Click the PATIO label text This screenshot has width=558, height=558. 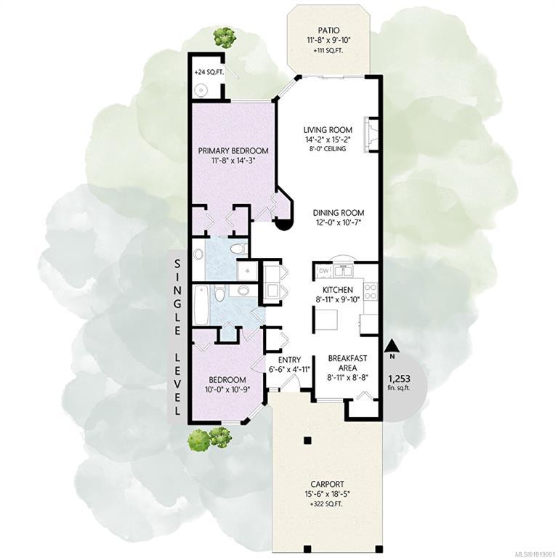329,31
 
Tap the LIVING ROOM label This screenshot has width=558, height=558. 328,130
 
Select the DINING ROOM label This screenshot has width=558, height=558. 339,213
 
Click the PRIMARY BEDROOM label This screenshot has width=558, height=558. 233,151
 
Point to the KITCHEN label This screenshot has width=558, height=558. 338,290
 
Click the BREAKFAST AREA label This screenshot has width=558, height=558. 347,363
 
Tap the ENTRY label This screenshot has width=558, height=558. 289,360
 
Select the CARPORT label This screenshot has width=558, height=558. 327,485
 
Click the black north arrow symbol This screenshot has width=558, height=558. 392,345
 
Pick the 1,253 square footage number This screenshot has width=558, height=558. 399,379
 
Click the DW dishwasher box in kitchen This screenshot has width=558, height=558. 324,271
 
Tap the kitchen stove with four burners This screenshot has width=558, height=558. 371,291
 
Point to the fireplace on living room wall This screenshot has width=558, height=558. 370,135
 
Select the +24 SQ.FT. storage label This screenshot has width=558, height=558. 209,72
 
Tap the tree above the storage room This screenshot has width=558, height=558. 225,37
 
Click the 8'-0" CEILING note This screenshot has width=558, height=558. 328,149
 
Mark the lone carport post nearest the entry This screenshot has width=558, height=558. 307,440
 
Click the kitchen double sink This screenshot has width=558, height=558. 344,271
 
